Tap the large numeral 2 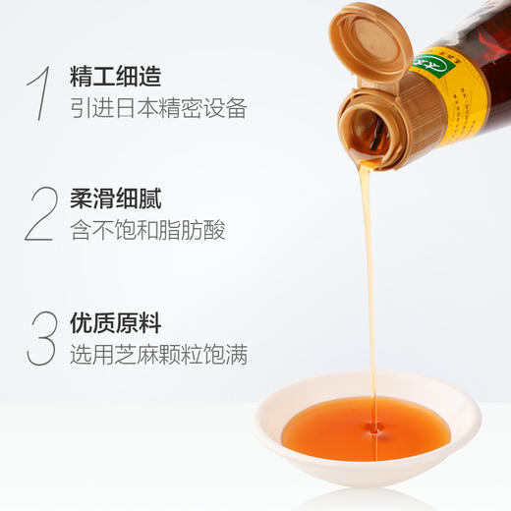coord(40,214)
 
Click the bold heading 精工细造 coord(115,76)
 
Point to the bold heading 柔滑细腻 coord(115,199)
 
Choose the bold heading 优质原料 coord(115,323)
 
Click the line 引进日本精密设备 coord(158,107)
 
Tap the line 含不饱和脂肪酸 coord(147,231)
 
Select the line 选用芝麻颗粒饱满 coord(158,355)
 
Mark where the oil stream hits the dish coord(371,425)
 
